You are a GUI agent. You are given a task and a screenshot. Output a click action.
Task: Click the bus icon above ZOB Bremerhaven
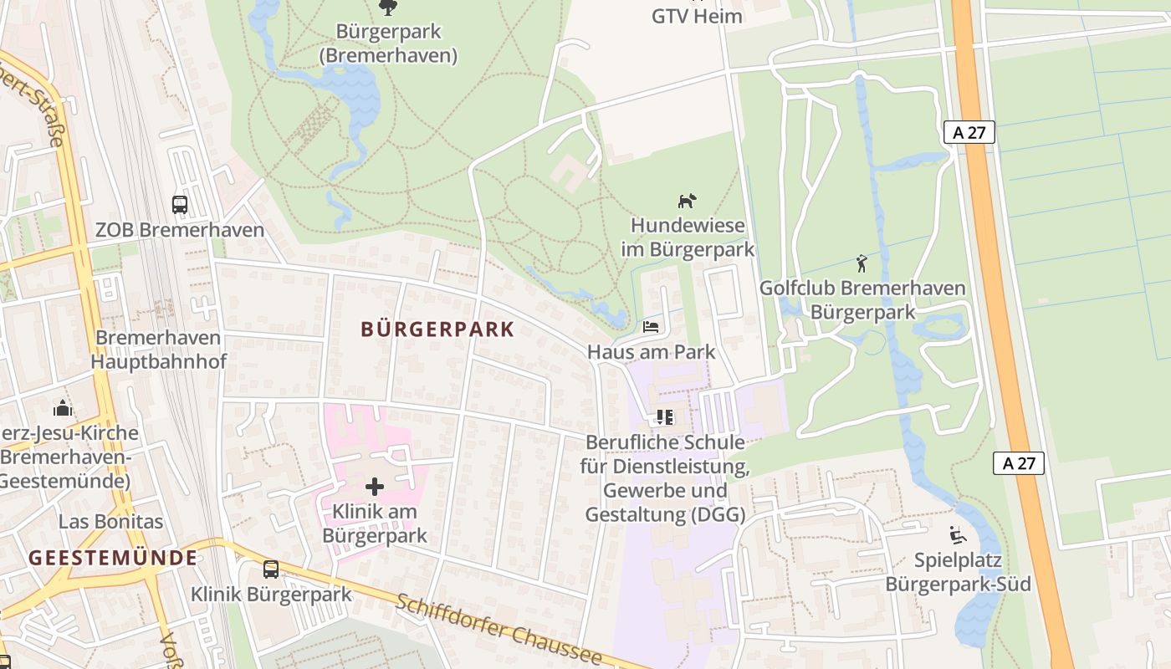[179, 204]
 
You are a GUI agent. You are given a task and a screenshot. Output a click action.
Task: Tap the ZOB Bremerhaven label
[179, 230]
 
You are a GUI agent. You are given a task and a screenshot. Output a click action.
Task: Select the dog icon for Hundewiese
[687, 201]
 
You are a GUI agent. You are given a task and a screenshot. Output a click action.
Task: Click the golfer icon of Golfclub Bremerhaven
[862, 263]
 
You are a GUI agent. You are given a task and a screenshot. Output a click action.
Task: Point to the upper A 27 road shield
[969, 132]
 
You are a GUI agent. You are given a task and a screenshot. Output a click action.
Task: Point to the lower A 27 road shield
[1019, 463]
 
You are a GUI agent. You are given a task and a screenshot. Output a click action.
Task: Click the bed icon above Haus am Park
[651, 326]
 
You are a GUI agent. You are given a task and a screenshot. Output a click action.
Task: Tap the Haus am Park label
[651, 351]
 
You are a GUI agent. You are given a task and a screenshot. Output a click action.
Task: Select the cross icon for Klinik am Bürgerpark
[375, 486]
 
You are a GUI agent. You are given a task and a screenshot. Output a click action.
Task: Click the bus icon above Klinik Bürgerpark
[271, 569]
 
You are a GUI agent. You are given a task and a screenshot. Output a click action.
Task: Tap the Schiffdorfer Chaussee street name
[499, 629]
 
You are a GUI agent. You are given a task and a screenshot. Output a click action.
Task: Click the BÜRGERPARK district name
[437, 329]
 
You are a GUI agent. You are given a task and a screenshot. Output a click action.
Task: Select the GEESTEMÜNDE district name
[113, 558]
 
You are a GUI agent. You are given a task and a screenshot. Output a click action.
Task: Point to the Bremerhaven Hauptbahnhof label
[158, 350]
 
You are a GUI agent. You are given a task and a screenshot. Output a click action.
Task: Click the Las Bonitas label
[110, 522]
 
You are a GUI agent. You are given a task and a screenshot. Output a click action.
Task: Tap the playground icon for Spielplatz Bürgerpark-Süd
[958, 534]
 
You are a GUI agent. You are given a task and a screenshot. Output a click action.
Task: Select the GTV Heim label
[697, 16]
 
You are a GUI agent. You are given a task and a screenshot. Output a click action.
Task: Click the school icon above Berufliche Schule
[665, 416]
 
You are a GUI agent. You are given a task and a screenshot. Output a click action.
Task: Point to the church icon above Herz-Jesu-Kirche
[63, 408]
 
